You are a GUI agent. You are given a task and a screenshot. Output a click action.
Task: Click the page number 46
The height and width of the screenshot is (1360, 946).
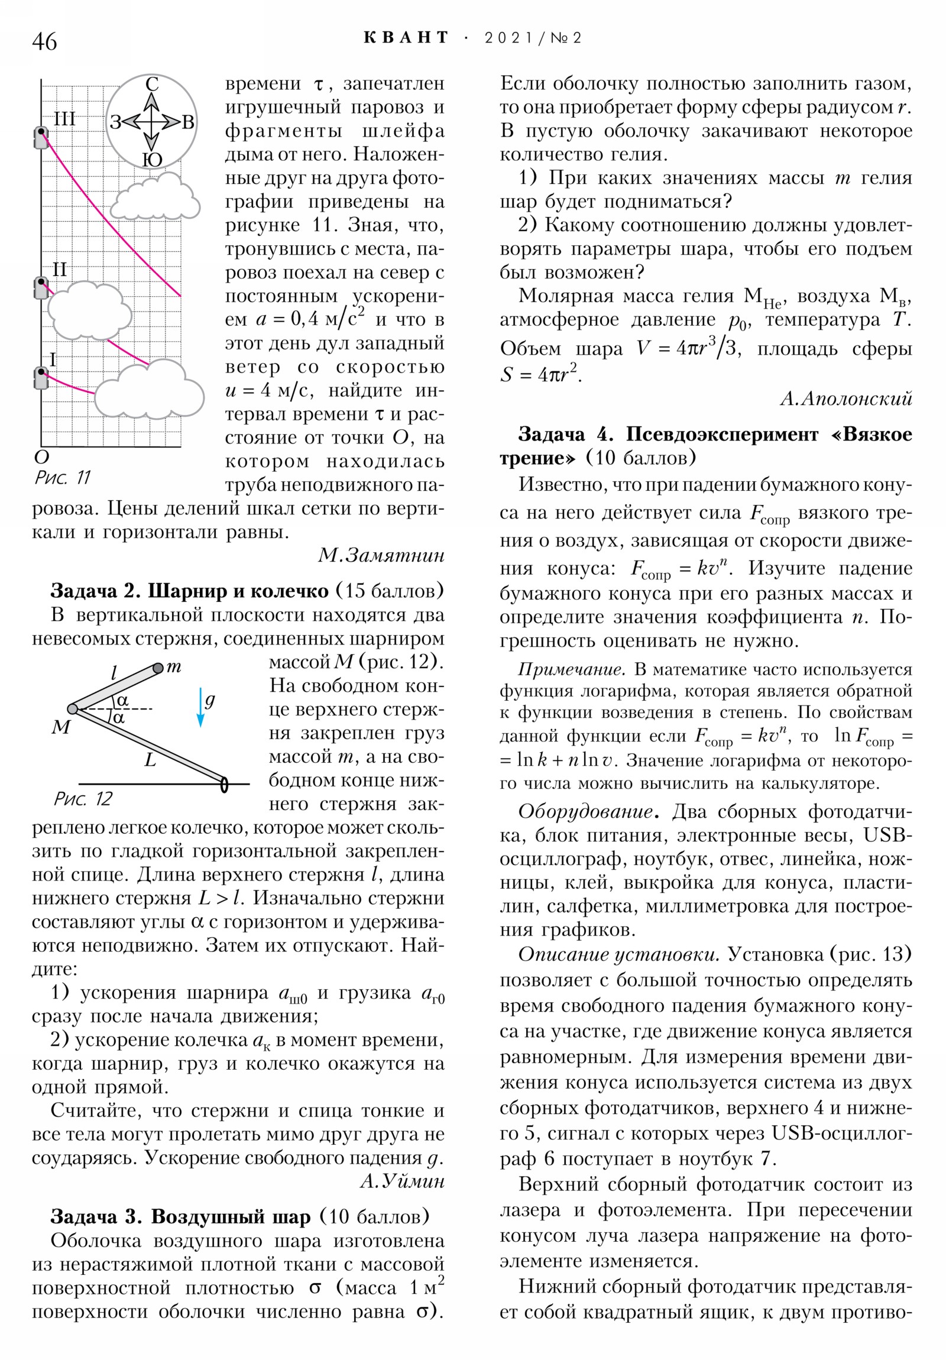click(x=44, y=41)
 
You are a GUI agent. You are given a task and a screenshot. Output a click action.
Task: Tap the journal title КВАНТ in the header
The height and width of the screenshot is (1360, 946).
click(x=406, y=38)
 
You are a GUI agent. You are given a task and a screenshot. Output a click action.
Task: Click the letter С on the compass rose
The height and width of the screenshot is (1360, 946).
click(x=151, y=84)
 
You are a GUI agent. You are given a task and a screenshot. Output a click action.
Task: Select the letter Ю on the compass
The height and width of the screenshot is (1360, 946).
click(x=152, y=159)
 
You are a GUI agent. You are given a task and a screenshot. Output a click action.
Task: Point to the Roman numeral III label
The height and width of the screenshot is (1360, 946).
click(x=64, y=118)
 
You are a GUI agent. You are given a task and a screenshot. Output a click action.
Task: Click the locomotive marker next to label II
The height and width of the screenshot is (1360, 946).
click(x=41, y=288)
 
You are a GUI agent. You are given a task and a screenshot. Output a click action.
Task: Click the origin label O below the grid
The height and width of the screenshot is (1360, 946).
click(x=41, y=456)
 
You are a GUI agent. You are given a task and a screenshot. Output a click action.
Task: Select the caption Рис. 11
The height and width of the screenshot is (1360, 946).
click(x=63, y=477)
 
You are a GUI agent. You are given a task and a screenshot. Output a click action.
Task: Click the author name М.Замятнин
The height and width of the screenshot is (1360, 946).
click(x=381, y=555)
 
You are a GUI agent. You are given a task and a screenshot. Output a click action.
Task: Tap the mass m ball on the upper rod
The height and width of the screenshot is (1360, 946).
click(x=157, y=669)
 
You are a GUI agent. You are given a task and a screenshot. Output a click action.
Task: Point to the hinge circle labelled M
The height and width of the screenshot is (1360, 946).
click(x=73, y=709)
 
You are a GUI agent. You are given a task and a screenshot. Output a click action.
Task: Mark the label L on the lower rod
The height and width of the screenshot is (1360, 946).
click(x=150, y=760)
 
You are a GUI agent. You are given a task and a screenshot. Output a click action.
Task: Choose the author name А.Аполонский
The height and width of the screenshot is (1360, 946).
click(x=845, y=399)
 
